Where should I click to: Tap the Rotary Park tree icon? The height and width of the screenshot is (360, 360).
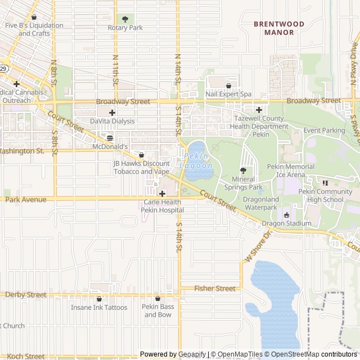tap(125, 19)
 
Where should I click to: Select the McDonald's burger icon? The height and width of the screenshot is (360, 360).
tap(110, 137)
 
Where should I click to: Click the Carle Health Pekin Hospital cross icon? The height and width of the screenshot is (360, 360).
tap(162, 193)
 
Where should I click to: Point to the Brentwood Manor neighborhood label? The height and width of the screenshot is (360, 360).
tap(279, 28)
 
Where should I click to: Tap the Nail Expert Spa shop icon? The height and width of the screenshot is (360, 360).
tap(228, 85)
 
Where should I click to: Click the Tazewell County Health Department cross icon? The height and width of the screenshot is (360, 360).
tap(259, 110)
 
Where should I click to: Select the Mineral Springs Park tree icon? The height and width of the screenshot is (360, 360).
tap(244, 170)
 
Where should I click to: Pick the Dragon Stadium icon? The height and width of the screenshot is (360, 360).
tap(286, 215)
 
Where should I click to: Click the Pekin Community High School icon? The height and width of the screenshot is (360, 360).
tap(325, 183)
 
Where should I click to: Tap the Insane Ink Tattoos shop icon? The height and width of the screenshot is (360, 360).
tap(99, 299)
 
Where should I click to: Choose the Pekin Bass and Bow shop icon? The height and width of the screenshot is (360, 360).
tap(157, 299)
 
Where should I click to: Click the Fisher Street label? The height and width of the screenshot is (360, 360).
tap(215, 289)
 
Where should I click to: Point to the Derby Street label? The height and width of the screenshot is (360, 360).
tap(26, 295)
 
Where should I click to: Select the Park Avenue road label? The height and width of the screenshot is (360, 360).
tap(26, 200)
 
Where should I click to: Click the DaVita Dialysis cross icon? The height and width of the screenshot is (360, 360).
tap(112, 112)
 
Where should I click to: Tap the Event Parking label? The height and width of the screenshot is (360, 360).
tap(324, 130)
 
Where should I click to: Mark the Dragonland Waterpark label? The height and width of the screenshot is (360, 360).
tap(260, 208)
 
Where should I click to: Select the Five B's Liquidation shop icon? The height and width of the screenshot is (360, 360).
tap(34, 17)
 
